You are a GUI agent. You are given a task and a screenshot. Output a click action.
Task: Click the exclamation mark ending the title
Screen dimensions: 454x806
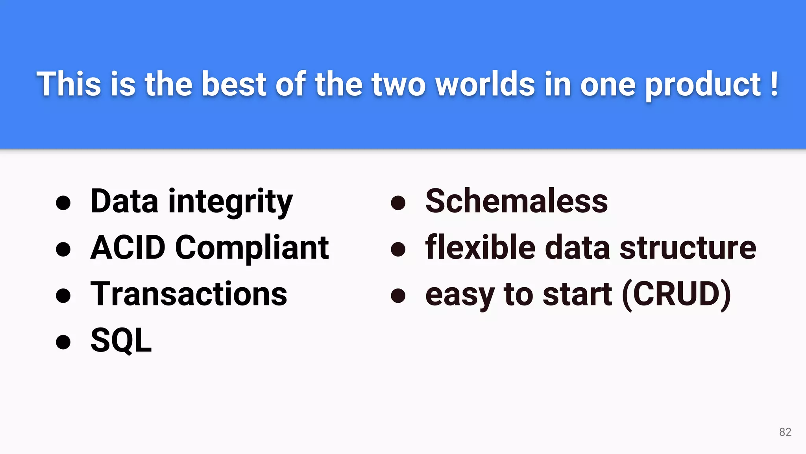[x=774, y=84]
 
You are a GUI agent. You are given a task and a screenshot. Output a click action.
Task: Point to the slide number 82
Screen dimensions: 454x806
[x=785, y=432]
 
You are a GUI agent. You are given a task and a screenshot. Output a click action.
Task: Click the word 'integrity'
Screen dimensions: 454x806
[x=231, y=202]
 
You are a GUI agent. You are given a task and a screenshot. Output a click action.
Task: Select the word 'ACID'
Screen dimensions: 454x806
[x=128, y=247]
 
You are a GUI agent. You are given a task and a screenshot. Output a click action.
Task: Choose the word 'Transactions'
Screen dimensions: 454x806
[x=189, y=294]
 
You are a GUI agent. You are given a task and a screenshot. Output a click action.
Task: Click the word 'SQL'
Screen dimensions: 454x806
[x=121, y=340]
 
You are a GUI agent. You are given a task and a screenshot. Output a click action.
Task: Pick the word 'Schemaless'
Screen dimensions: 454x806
[x=517, y=201]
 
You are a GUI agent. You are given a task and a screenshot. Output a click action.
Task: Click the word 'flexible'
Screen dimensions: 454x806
[x=481, y=247]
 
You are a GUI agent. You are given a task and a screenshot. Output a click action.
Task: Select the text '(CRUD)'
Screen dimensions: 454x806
[x=677, y=294]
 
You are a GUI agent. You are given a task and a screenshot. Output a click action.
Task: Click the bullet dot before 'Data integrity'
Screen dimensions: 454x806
[x=63, y=203]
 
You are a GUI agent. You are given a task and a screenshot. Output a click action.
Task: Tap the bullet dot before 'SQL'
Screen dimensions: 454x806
[x=63, y=342]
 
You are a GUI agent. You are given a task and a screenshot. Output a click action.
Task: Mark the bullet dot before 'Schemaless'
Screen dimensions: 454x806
[x=398, y=203]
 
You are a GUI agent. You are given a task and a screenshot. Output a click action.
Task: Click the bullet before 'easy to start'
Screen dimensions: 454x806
[x=398, y=296]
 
